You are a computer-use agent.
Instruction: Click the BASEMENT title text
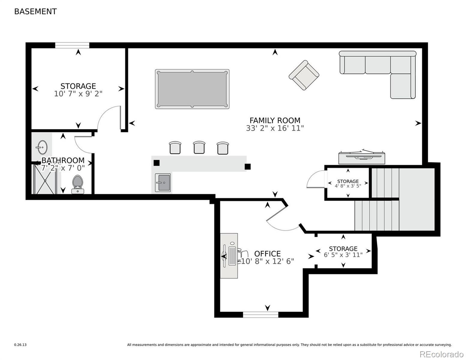(x=35, y=12)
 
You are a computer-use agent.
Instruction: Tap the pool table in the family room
(x=192, y=89)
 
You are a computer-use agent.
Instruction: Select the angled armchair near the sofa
(x=304, y=75)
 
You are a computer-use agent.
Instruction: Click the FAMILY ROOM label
(x=275, y=120)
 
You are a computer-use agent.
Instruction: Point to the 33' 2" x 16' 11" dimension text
(x=275, y=128)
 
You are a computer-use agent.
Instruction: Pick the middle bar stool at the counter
(x=199, y=147)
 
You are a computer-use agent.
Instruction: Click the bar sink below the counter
(x=163, y=182)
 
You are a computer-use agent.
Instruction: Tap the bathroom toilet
(x=78, y=184)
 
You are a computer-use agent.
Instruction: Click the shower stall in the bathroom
(x=45, y=179)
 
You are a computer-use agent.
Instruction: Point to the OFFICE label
(x=267, y=254)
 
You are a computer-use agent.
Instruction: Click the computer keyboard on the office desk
(x=232, y=256)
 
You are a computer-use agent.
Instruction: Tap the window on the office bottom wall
(x=260, y=314)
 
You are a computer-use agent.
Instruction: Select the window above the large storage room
(x=72, y=45)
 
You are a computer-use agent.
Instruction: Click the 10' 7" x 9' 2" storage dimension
(x=78, y=94)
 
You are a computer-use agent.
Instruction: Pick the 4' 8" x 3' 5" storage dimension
(x=348, y=186)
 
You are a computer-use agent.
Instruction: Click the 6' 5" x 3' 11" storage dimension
(x=343, y=255)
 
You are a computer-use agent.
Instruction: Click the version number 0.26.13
(x=20, y=345)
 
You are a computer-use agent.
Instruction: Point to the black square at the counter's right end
(x=248, y=166)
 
